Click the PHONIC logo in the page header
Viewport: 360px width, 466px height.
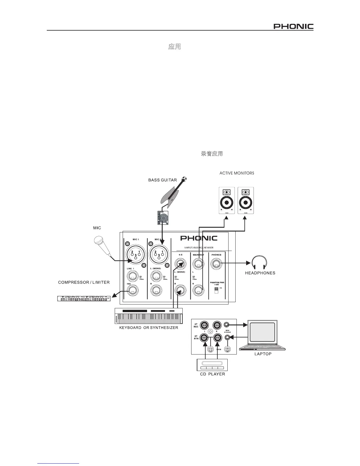tap(294, 26)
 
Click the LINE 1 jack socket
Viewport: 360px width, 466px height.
tap(133, 277)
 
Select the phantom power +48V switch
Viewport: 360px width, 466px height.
tap(216, 290)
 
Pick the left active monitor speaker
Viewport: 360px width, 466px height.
tap(227, 200)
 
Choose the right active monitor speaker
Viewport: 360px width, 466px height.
tap(246, 200)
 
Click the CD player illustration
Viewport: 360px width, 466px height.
tap(212, 365)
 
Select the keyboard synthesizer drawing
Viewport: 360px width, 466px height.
tap(149, 316)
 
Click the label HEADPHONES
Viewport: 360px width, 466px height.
tap(260, 273)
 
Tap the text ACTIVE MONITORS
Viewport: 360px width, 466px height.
tap(237, 173)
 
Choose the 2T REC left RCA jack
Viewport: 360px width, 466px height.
tap(204, 325)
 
